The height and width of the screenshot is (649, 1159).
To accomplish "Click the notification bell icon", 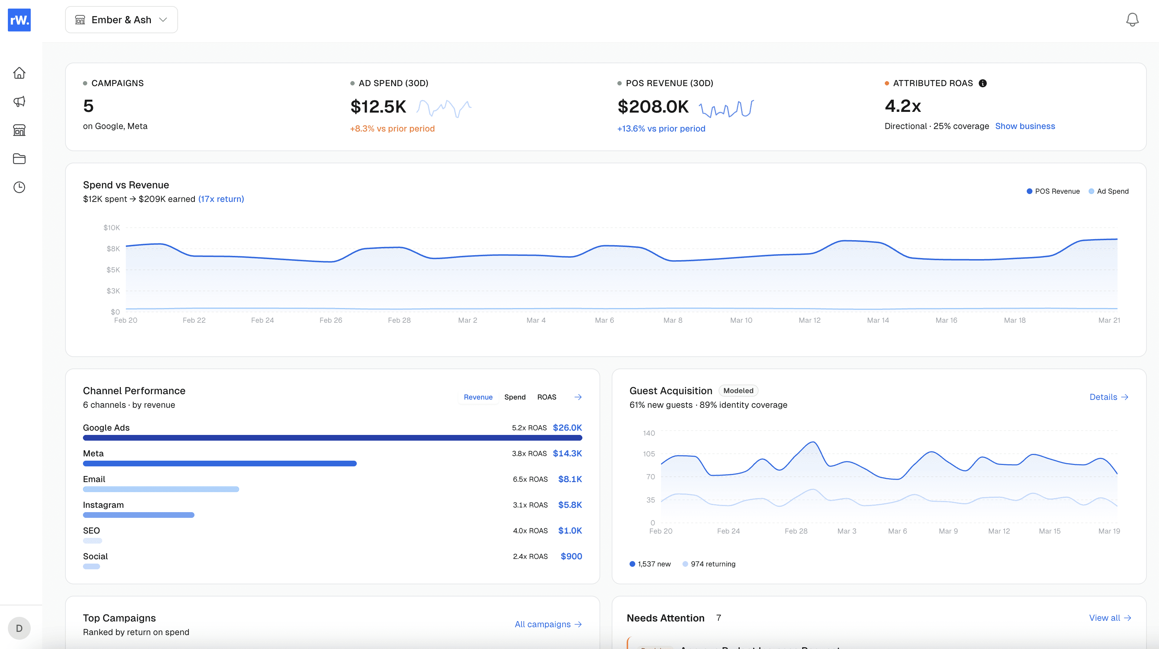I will (1132, 20).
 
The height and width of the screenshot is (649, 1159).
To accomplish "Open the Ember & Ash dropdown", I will (121, 20).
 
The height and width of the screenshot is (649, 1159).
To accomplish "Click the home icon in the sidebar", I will (19, 73).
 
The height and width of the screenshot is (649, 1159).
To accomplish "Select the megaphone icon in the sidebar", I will (19, 101).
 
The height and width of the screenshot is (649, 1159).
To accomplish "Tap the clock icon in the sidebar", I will (19, 187).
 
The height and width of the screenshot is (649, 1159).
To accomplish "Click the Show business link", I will (1025, 126).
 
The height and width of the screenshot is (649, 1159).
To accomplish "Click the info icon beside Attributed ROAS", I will (983, 83).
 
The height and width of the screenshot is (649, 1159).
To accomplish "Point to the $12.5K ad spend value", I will (378, 106).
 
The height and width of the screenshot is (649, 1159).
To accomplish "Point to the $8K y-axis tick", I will (113, 249).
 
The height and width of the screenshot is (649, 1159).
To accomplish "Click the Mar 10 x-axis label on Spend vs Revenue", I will (741, 320).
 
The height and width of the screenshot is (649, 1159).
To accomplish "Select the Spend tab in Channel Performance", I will (514, 397).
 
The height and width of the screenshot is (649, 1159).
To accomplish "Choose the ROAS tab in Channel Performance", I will (546, 397).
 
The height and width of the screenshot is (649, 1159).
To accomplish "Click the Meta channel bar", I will (220, 463).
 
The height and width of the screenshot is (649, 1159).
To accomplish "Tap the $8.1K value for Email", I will (569, 479).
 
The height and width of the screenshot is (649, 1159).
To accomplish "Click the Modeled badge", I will (738, 390).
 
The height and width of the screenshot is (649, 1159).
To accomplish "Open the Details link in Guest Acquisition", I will (1108, 397).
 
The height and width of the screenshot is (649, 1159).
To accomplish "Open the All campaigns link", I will (548, 624).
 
